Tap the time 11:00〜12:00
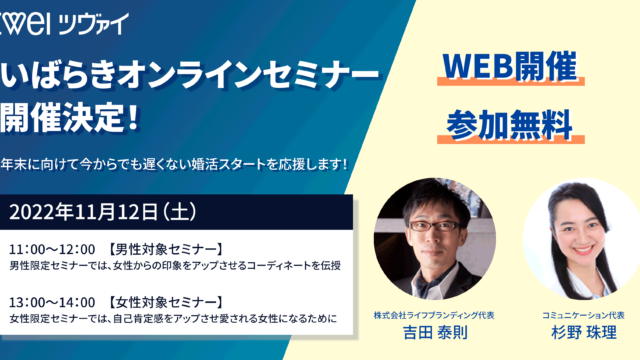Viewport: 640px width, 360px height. pos(51,248)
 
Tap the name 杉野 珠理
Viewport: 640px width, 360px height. pos(579,329)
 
